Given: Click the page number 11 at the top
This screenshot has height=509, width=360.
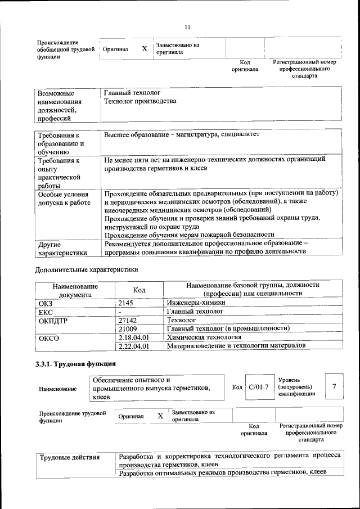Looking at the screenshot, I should (187, 27).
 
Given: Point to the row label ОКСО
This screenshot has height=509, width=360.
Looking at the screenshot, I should (48, 339).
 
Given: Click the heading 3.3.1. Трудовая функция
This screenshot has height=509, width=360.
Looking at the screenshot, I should (76, 364).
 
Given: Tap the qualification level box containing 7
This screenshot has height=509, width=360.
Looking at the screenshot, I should (334, 386).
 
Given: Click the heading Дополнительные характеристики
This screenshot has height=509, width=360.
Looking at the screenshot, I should (87, 269).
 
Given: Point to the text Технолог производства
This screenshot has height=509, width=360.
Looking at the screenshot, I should (140, 101).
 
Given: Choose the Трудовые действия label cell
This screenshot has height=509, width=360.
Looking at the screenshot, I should (69, 457).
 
